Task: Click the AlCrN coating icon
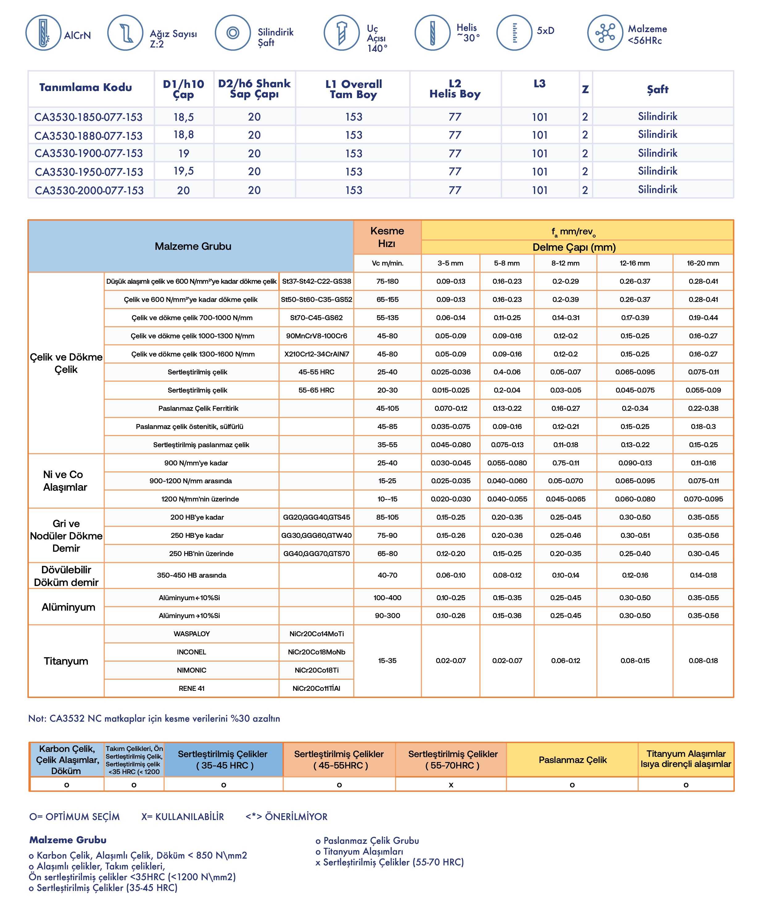(x=43, y=32)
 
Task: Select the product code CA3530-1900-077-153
(x=89, y=154)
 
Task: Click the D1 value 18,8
(x=184, y=135)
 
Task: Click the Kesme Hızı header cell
(x=387, y=237)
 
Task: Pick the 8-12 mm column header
(x=565, y=263)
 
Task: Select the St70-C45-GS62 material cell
(x=316, y=318)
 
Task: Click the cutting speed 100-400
(x=387, y=598)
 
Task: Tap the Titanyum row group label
(x=66, y=661)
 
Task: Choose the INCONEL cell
(x=191, y=652)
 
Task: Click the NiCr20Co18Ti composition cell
(x=316, y=670)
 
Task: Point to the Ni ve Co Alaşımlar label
(x=65, y=481)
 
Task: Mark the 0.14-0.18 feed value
(x=703, y=575)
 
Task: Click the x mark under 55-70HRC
(x=451, y=785)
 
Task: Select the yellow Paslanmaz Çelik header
(x=573, y=760)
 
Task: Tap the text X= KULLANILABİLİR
(x=183, y=817)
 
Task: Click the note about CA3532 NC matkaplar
(x=154, y=718)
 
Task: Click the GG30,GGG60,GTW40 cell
(x=316, y=535)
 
